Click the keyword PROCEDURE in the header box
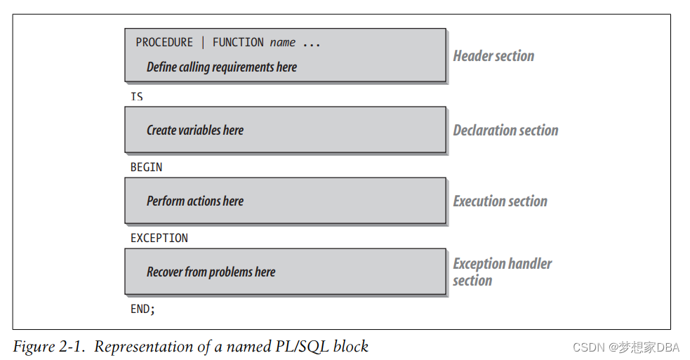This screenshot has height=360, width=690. [x=164, y=43]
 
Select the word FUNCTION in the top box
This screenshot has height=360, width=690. [x=238, y=43]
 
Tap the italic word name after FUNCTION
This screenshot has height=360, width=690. [x=283, y=43]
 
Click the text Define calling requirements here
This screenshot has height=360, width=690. [x=221, y=67]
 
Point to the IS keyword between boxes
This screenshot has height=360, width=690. [x=137, y=96]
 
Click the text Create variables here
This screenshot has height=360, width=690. [x=195, y=131]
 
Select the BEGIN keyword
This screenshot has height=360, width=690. [x=146, y=167]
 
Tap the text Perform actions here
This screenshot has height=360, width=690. [x=195, y=201]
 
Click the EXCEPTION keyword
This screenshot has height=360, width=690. [x=159, y=238]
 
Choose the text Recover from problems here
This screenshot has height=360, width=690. [x=211, y=272]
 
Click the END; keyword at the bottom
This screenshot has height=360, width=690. [x=142, y=309]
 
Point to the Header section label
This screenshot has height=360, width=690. [x=493, y=56]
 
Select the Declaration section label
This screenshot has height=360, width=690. [x=505, y=131]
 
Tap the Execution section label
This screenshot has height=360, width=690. [x=500, y=201]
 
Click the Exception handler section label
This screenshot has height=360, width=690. [x=502, y=272]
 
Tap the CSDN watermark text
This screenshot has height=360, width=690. [x=588, y=347]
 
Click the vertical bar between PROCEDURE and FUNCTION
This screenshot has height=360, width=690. [x=203, y=43]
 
